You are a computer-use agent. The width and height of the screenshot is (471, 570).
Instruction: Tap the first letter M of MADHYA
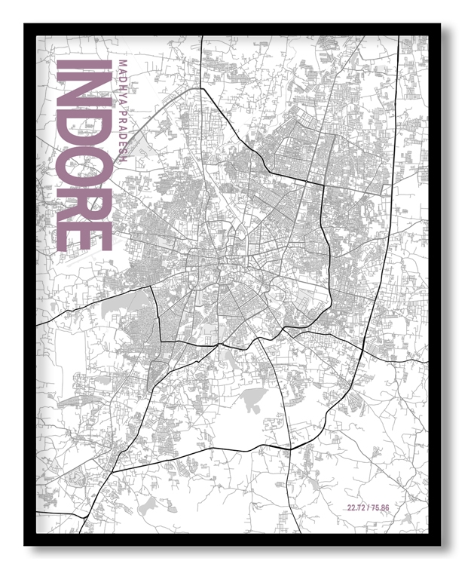coord(124,63)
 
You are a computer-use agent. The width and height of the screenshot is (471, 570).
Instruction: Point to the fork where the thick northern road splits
coord(202,89)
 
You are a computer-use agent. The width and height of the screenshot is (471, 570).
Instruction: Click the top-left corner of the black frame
coord(25,24)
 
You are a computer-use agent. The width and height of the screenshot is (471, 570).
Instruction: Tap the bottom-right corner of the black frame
coord(440,545)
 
